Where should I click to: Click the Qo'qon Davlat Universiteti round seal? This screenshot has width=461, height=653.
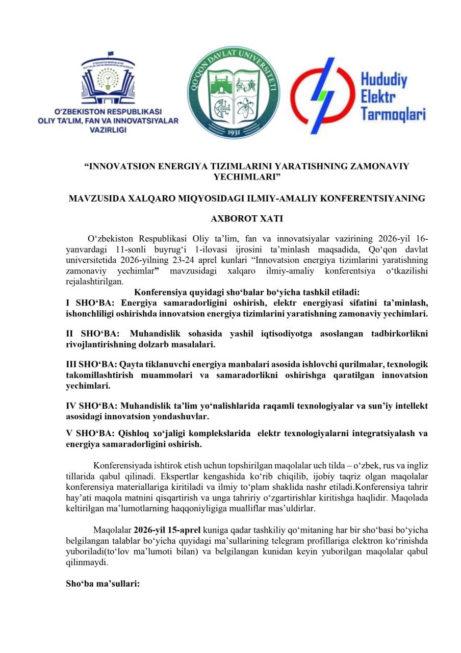point(234,92)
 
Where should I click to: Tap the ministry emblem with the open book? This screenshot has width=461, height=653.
point(108,80)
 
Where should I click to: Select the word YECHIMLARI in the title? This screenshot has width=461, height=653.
point(247,177)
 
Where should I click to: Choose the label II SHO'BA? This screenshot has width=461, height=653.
point(89,334)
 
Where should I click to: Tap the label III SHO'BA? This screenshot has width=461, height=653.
point(91,365)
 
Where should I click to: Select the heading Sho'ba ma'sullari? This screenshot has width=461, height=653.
point(103,583)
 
